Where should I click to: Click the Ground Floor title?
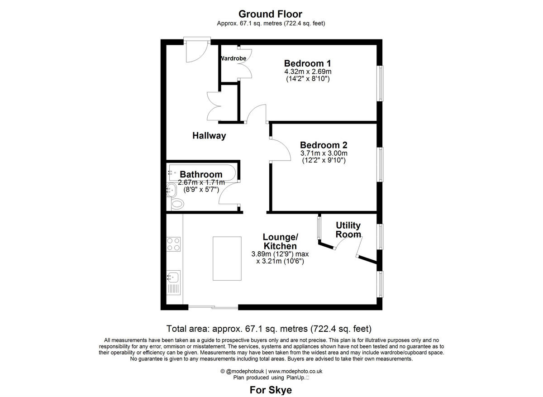coord(270,14)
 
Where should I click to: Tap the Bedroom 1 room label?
coord(304,63)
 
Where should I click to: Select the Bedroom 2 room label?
coord(324,145)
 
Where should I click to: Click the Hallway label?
coord(209,135)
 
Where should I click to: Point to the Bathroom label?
coord(201,174)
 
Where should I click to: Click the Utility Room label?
coord(348,230)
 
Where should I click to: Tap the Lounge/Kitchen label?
coord(280,241)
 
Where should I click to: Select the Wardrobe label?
coord(233,58)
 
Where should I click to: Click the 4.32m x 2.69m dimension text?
coord(308,72)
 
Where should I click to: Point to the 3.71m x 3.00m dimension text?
coord(324,153)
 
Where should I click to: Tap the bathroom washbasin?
coord(171,190)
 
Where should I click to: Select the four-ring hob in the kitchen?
coord(174,244)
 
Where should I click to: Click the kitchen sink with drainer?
coord(174,282)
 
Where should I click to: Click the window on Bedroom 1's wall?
coord(381,83)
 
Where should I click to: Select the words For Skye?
coord(271,390)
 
